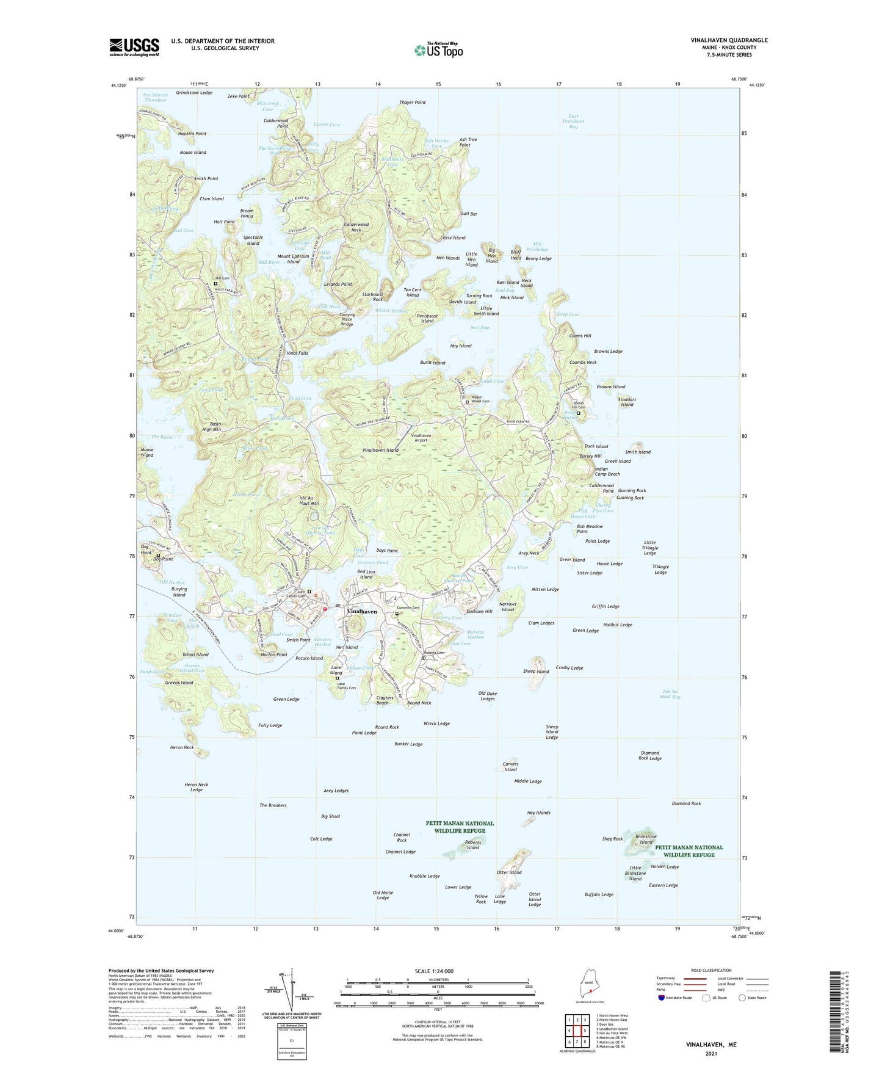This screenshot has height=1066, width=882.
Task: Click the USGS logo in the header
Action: pos(134,47)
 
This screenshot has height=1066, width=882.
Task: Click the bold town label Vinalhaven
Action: pos(362,611)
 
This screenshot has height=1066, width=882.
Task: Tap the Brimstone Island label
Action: pos(646,839)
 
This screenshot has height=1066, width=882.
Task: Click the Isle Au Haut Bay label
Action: pos(671,694)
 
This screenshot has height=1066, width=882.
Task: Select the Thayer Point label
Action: pos(413,103)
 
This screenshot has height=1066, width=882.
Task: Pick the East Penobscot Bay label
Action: pos(573,121)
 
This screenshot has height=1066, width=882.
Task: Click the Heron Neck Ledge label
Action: pos(196,787)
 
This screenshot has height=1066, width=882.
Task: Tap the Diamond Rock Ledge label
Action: pos(650,755)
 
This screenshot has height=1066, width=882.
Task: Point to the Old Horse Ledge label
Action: pos(383,895)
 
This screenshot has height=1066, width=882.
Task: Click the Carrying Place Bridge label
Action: pos(346,319)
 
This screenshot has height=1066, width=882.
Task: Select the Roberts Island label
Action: pos(472,844)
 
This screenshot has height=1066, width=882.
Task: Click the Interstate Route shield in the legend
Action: pos(662,998)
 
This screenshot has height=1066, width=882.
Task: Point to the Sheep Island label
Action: pos(536,671)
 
